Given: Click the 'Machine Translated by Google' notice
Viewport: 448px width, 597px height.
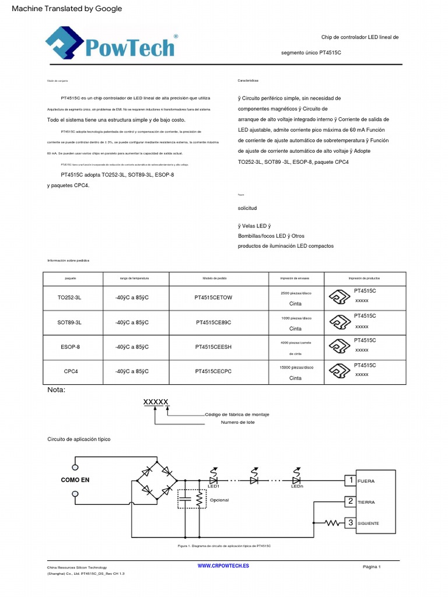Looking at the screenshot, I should pyautogui.click(x=67, y=8).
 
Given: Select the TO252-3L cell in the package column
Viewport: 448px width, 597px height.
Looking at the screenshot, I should pyautogui.click(x=69, y=297).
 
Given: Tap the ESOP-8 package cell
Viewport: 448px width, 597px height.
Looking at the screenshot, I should pyautogui.click(x=69, y=347).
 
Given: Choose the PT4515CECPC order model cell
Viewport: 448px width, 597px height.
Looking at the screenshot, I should pyautogui.click(x=213, y=371).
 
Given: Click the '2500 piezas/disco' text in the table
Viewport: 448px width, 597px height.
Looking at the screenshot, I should pyautogui.click(x=296, y=293).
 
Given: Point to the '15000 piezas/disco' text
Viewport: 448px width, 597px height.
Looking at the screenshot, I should pyautogui.click(x=296, y=367).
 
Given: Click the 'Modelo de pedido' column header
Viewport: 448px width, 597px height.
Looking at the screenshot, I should pyautogui.click(x=213, y=279).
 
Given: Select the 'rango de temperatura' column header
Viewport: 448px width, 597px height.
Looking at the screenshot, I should pyautogui.click(x=134, y=279).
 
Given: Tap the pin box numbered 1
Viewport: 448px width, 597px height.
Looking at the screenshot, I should pyautogui.click(x=350, y=480).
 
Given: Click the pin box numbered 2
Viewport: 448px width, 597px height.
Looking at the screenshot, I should pyautogui.click(x=350, y=501).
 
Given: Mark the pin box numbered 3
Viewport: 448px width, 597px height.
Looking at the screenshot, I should pyautogui.click(x=350, y=522).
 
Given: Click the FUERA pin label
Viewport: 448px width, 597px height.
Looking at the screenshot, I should pyautogui.click(x=366, y=481).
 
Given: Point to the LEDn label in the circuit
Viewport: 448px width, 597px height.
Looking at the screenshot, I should pyautogui.click(x=297, y=486).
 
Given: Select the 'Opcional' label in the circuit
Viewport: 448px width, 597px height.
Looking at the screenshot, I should pyautogui.click(x=219, y=500).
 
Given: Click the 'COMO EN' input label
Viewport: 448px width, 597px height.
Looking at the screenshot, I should pyautogui.click(x=75, y=480).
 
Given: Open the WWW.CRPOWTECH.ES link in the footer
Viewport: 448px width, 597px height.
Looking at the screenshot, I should pyautogui.click(x=223, y=566).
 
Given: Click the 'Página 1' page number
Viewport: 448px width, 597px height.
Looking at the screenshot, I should pyautogui.click(x=372, y=567).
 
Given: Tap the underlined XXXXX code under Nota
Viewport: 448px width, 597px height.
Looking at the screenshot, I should pyautogui.click(x=156, y=402).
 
